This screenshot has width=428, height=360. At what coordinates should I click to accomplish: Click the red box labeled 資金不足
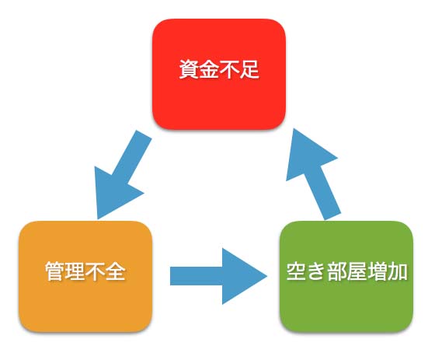[x=219, y=74]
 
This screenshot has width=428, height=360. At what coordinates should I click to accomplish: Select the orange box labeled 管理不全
[x=85, y=277]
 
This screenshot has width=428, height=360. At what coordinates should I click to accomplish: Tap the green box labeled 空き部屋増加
[x=346, y=277]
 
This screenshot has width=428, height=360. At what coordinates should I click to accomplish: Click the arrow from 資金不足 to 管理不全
[x=120, y=175]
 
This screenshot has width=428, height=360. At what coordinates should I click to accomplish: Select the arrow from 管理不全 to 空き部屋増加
[x=218, y=276]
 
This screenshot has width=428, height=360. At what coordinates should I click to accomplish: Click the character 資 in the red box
[x=189, y=69]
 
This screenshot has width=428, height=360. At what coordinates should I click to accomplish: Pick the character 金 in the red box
[x=209, y=69]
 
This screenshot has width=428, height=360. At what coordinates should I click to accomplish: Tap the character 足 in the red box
[x=249, y=69]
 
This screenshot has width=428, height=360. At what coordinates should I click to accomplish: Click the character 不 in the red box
[x=229, y=69]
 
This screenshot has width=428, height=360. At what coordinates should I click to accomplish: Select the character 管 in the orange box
[x=55, y=271]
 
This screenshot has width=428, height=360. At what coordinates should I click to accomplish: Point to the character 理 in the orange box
[x=75, y=271]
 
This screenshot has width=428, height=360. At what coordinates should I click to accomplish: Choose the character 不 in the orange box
[x=96, y=271]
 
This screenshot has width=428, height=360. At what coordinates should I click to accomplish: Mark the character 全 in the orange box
[x=116, y=271]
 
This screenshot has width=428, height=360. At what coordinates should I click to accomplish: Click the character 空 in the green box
[x=297, y=271]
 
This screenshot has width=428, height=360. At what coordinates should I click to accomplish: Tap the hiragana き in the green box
[x=317, y=271]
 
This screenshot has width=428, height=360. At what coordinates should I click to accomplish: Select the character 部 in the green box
[x=337, y=271]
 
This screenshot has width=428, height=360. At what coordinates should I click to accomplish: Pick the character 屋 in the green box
[x=357, y=271]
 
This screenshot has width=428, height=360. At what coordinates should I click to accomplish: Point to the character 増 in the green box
[x=378, y=271]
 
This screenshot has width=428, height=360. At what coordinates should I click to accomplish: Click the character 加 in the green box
[x=398, y=271]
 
